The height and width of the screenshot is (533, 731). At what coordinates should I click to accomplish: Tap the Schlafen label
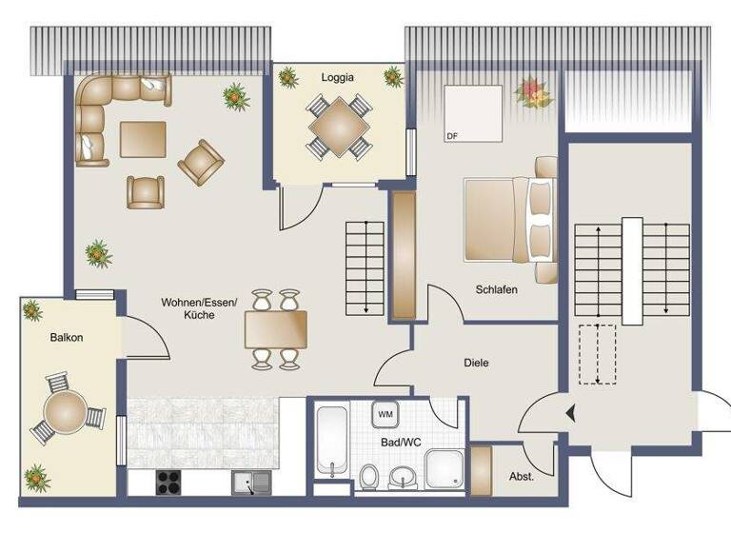[x=497, y=290]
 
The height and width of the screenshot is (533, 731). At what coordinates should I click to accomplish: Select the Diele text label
[x=476, y=363]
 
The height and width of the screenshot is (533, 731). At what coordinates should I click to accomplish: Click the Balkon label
[x=67, y=337]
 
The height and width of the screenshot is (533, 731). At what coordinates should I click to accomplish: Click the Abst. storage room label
[x=522, y=476]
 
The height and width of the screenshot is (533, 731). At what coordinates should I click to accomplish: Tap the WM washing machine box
[x=385, y=415]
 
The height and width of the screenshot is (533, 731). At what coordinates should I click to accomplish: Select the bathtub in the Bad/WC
[x=331, y=442]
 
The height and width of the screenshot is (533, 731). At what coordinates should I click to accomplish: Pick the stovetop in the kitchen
[x=168, y=483]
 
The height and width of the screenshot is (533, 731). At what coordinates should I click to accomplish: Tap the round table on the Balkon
[x=65, y=413]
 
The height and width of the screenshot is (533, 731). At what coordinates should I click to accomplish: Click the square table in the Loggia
[x=338, y=125]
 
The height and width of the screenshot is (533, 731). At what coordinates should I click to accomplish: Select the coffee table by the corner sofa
[x=143, y=139]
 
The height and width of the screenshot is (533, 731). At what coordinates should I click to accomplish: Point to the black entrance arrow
[x=570, y=414]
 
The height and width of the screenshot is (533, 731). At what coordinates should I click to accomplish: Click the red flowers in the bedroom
[x=532, y=92]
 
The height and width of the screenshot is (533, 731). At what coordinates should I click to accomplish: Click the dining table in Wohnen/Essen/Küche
[x=275, y=329]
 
